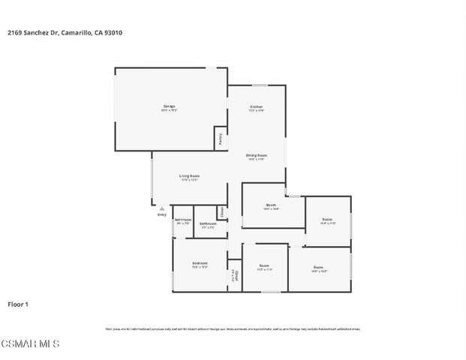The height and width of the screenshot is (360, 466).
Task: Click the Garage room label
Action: click(170, 106)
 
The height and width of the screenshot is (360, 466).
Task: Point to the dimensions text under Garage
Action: click(170, 111)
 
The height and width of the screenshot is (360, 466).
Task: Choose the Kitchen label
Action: click(257, 107)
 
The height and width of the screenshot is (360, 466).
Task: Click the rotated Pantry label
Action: click(221, 139)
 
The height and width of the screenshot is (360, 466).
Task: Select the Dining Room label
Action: click(257, 155)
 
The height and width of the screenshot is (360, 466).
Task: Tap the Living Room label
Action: click(189, 175)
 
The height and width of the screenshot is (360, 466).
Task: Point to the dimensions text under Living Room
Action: click(189, 180)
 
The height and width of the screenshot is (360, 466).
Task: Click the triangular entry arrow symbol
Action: click(161, 209)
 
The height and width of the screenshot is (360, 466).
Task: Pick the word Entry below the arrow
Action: click(161, 215)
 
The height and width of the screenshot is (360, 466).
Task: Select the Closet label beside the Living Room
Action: click(221, 213)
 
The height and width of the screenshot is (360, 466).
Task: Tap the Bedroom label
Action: click(200, 263)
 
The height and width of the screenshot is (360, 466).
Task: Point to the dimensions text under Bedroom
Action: click(200, 268)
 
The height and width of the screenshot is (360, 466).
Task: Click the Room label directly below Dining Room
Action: click(272, 205)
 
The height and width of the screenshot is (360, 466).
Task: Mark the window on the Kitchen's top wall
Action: click(252, 85)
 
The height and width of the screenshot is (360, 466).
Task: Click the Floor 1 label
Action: click(18, 304)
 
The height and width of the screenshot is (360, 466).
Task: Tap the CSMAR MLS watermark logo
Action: click(30, 344)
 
